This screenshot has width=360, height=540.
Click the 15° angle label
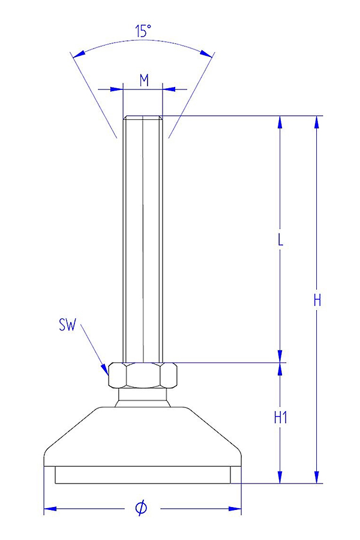pyautogui.click(x=143, y=31)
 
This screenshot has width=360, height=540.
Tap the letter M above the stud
pyautogui.click(x=144, y=80)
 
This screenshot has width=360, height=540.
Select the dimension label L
pyautogui.click(x=280, y=241)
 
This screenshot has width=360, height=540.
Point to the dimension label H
pyautogui.click(x=317, y=301)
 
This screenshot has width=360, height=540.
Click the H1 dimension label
pyautogui.click(x=280, y=418)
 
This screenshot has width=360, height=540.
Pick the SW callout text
pyautogui.click(x=67, y=325)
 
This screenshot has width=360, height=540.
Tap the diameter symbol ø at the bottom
pyautogui.click(x=142, y=508)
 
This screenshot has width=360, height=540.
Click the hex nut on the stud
pyautogui.click(x=143, y=374)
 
